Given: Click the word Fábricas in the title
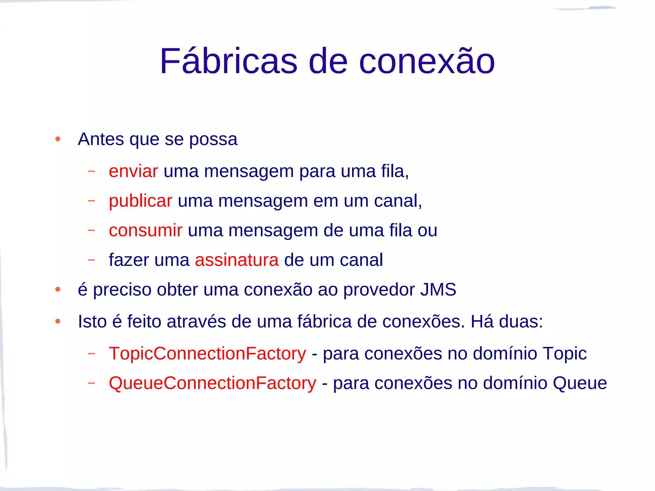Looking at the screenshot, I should pos(228,61).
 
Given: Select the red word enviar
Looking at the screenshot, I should pos(133,171).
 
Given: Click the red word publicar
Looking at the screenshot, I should pos(140,201).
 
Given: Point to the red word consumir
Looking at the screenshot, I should pos(146,230).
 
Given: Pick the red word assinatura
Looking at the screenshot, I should pos(237,260).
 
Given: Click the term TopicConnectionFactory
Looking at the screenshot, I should pos(207,354).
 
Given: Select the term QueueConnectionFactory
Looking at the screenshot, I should pos(212,383).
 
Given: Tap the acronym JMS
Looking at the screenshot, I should pos(438,290).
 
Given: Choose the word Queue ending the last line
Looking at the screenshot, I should pos(580,383).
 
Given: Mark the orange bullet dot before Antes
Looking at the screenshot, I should pos(58,139).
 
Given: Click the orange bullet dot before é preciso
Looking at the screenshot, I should pos(58,290).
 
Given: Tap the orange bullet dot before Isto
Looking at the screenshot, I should pos(58,321).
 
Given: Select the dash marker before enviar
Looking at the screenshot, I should pos(91,171).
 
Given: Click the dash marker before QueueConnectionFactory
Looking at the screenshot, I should pos(91,383).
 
